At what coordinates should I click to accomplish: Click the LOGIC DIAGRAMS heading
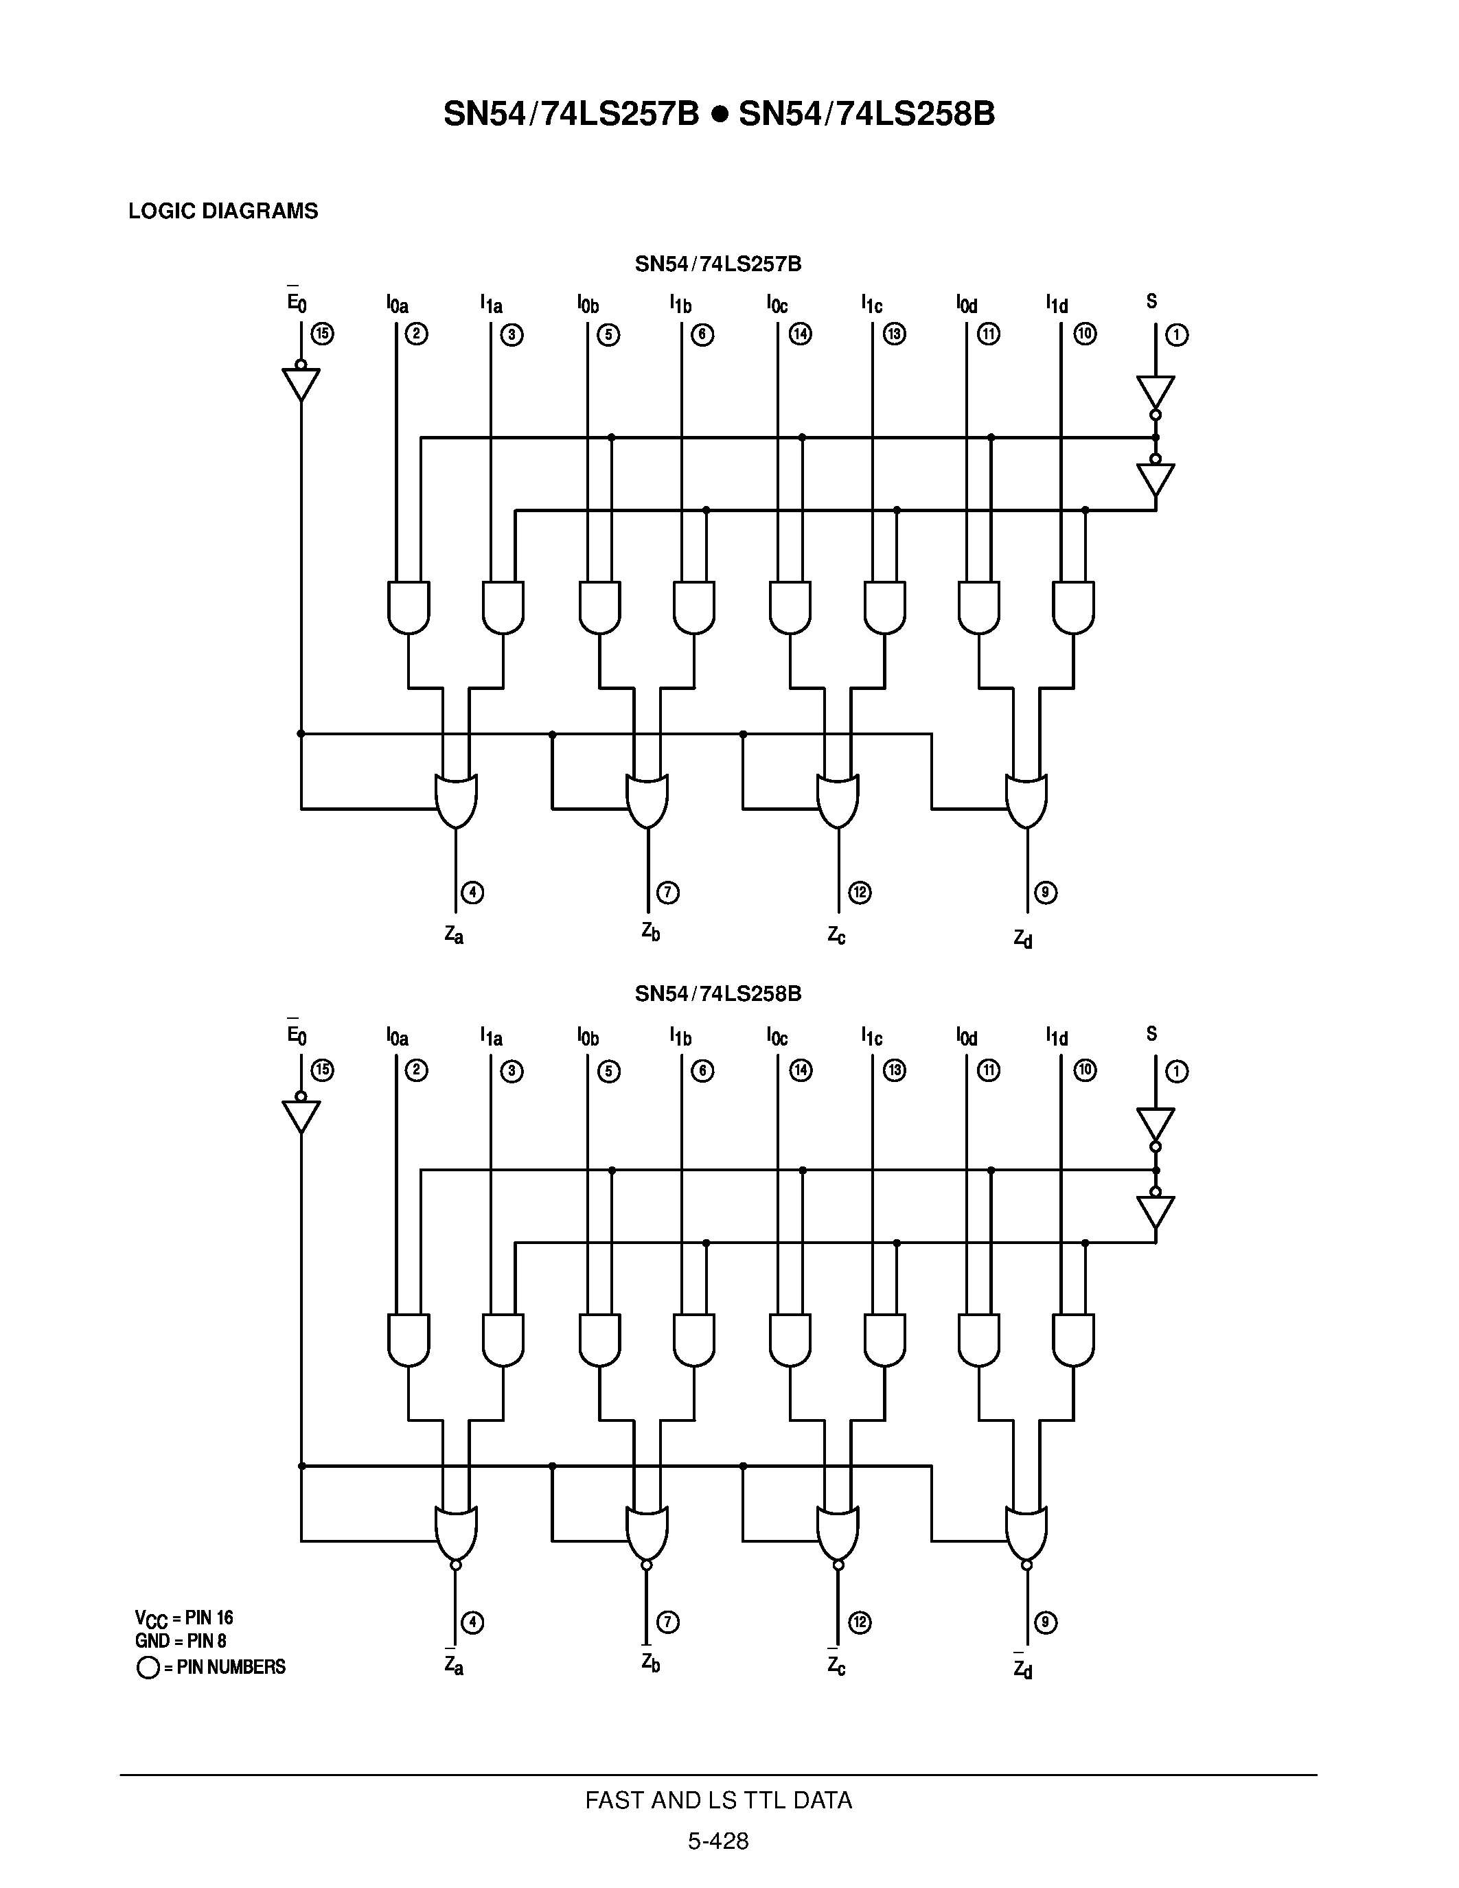click(223, 211)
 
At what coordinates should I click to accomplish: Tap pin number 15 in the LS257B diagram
click(323, 334)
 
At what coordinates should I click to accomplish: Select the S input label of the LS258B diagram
click(1151, 1034)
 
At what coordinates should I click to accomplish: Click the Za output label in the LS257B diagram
click(455, 934)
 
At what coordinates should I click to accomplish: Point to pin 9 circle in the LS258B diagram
click(1046, 1622)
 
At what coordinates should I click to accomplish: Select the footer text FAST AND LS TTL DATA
click(718, 1801)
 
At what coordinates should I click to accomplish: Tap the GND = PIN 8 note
click(181, 1641)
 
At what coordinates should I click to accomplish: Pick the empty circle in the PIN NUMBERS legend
click(148, 1668)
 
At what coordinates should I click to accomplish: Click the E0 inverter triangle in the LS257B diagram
click(301, 384)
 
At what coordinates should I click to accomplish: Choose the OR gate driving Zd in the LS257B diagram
click(1027, 801)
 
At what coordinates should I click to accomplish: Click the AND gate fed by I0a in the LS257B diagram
click(409, 607)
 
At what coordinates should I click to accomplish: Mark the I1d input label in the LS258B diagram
click(1056, 1037)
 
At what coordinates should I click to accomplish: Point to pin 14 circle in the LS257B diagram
click(801, 334)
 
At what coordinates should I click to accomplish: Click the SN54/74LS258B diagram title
click(718, 994)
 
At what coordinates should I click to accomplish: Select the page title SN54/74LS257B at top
click(571, 114)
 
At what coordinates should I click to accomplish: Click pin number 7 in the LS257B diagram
click(668, 892)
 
